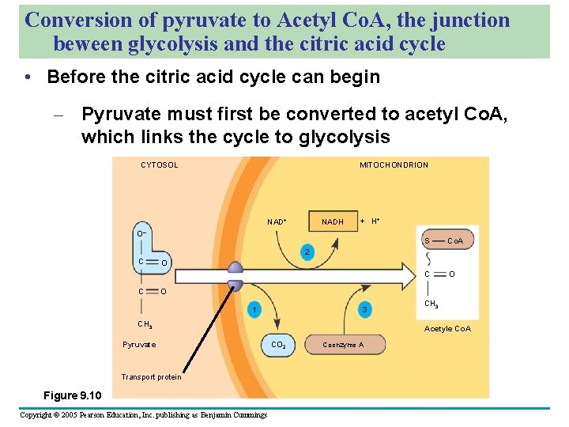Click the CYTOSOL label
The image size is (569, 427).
tap(159, 165)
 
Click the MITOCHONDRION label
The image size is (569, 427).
tap(394, 165)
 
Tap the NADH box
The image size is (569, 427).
tap(333, 221)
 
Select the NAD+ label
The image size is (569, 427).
tap(277, 221)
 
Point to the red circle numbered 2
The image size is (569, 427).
tap(310, 253)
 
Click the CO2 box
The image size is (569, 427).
tap(278, 345)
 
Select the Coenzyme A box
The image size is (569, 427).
tap(343, 345)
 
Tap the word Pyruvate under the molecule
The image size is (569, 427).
tap(139, 345)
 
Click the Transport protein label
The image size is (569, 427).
tap(151, 376)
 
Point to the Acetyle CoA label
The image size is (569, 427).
tap(447, 328)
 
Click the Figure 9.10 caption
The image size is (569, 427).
tap(72, 395)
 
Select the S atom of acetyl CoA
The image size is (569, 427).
tap(427, 240)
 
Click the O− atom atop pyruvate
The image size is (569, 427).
tap(140, 234)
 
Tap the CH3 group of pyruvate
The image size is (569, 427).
tap(145, 324)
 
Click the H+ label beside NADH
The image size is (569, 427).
tap(376, 221)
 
